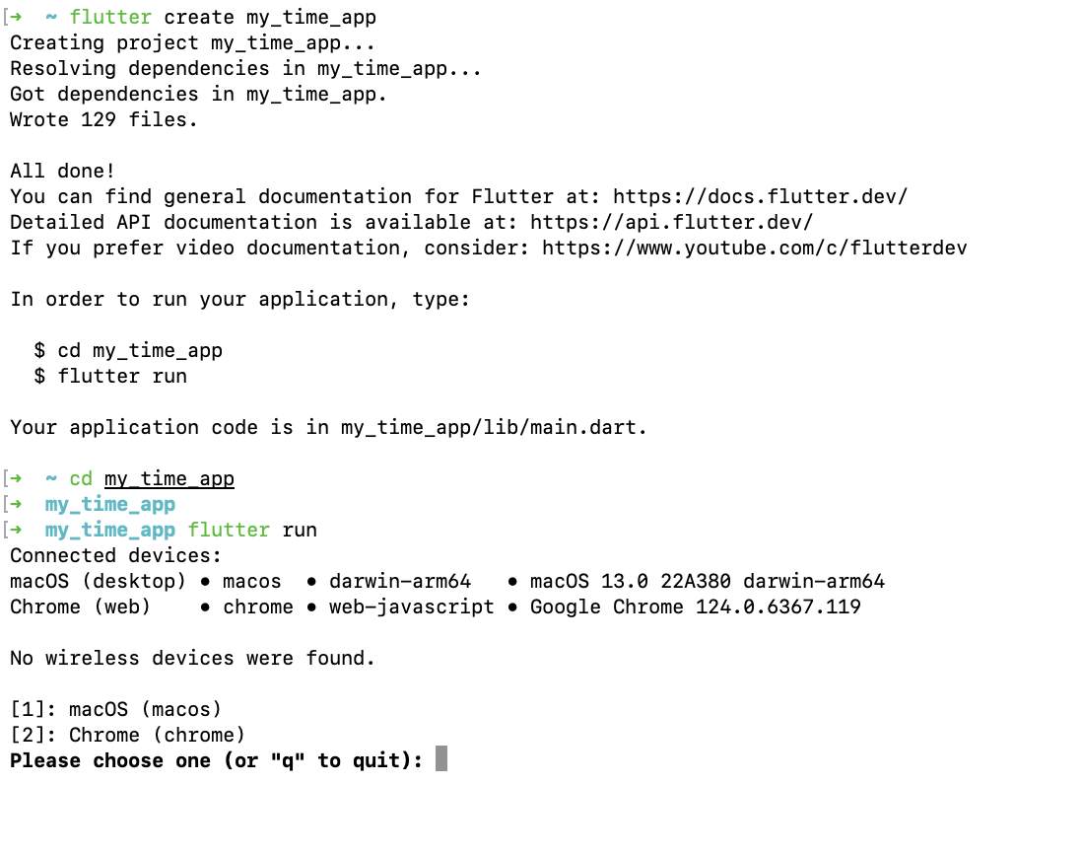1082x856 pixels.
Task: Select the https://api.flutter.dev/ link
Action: [671, 223]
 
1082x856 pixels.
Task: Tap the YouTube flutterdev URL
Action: [755, 249]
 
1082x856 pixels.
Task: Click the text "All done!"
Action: [63, 172]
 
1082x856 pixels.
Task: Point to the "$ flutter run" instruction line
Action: [110, 377]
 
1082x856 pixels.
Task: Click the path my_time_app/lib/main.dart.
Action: [494, 428]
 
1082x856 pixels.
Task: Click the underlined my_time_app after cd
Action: [169, 479]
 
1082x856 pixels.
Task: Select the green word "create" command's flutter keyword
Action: [110, 18]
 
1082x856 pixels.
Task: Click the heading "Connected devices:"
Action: [116, 556]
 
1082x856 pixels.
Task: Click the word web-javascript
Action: [412, 607]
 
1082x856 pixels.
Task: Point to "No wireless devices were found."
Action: [192, 659]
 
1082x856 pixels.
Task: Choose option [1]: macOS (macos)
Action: [116, 710]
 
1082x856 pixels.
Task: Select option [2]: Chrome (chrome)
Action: [128, 736]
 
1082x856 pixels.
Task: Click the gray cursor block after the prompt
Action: [441, 759]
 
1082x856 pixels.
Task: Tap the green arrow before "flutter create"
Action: [16, 18]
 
